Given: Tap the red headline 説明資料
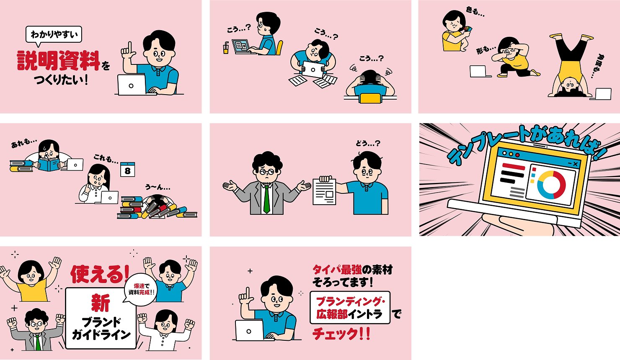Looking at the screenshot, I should click(58, 60).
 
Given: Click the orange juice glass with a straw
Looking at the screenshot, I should click(226, 49).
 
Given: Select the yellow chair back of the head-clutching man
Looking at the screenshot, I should click(369, 98).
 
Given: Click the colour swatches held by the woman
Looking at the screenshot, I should click(468, 29).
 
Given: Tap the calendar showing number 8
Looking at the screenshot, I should click(127, 170).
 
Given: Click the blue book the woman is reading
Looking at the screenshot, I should click(48, 165).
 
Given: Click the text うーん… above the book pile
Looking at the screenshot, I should click(158, 187).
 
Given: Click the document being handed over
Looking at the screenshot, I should click(324, 192).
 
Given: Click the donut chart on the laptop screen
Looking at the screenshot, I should click(551, 184).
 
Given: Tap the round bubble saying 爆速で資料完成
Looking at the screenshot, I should click(141, 289).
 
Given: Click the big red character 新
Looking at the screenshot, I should click(101, 303).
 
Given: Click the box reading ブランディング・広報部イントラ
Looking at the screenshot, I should click(350, 308).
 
